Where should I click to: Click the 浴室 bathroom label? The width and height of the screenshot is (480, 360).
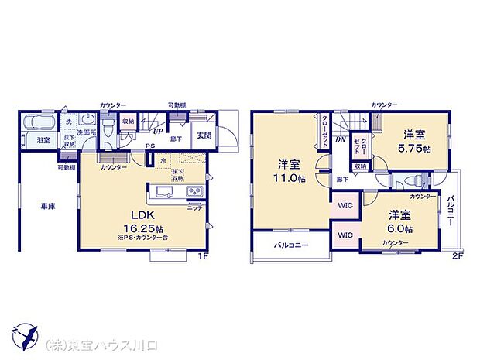[43, 140]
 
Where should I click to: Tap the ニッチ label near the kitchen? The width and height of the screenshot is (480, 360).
[195, 207]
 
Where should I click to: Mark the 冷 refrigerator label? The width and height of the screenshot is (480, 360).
[162, 160]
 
